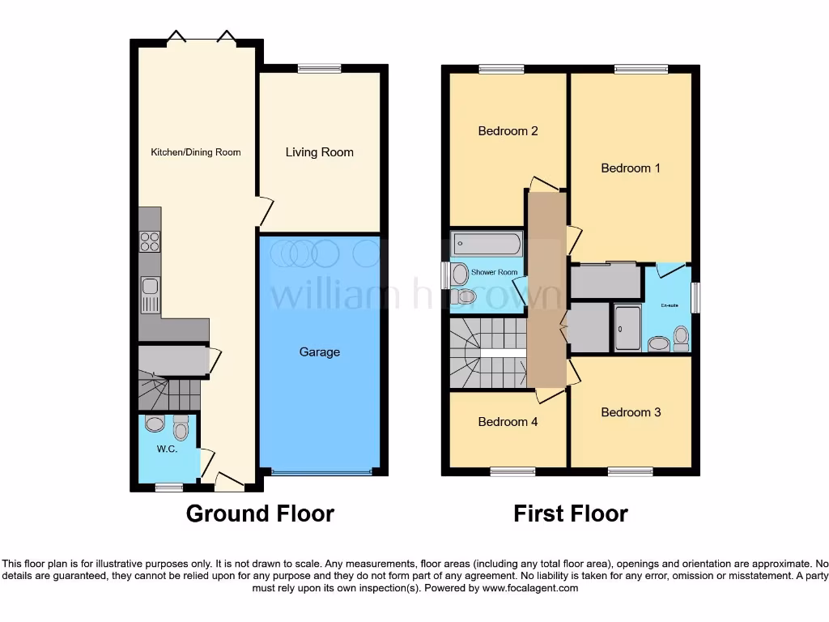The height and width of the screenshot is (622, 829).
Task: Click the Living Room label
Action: [x=319, y=152]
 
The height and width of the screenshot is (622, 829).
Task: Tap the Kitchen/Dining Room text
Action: [x=196, y=152]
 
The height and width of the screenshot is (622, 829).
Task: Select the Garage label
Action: [x=319, y=352]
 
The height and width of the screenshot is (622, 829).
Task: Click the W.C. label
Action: [x=167, y=449]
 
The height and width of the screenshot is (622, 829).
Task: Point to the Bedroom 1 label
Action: [x=631, y=168]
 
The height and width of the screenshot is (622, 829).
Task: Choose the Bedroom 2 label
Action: [x=508, y=131]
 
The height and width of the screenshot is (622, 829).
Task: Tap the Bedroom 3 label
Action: [x=631, y=412]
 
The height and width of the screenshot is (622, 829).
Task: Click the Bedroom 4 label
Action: [x=508, y=422]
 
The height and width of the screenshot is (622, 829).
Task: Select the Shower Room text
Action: [x=494, y=273]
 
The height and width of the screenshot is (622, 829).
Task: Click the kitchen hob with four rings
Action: [x=151, y=241]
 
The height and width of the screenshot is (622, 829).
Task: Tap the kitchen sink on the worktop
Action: [x=151, y=293]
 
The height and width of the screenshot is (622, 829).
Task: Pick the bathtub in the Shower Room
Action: [x=487, y=242]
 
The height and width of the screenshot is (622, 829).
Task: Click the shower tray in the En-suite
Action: [x=627, y=328]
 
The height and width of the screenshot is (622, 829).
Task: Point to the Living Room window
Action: [x=319, y=69]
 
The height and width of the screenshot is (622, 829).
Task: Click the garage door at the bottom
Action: [x=323, y=471]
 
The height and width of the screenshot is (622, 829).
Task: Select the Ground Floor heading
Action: [x=260, y=513]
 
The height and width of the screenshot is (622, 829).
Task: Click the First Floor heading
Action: [x=571, y=513]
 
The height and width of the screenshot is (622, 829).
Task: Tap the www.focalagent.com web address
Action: [x=530, y=588]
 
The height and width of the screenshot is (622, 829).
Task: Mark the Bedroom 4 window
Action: [x=512, y=471]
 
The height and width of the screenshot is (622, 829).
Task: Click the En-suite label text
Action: [x=670, y=305]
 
